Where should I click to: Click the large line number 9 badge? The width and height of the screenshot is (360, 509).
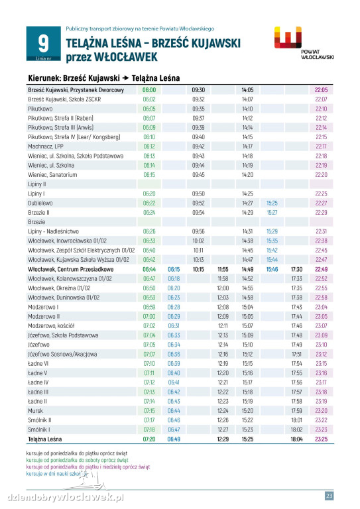point(44,44)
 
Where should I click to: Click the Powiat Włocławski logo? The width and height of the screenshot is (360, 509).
point(304,43)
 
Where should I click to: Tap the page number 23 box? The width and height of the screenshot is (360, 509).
point(329,495)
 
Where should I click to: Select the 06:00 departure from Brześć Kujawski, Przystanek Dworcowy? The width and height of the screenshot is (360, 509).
point(149,90)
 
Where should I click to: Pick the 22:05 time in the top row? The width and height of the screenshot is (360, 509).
point(321,90)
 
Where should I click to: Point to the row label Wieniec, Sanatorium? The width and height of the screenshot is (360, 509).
point(52,175)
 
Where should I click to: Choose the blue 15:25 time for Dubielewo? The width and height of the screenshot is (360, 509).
point(272,203)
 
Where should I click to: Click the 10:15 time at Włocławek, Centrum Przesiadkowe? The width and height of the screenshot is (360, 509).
point(198,269)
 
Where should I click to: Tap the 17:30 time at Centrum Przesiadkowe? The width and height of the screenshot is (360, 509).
point(297,269)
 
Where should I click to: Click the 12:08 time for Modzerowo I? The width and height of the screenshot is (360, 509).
point(223,307)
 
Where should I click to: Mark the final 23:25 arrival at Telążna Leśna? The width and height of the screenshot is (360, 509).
point(321,439)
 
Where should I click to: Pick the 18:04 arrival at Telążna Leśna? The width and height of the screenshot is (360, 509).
point(297,439)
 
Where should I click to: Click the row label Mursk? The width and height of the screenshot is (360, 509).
point(35,411)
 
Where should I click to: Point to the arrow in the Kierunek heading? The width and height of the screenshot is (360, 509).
point(125,78)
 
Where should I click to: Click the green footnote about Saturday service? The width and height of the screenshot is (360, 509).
point(78,460)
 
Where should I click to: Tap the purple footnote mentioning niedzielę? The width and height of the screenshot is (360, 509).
point(88,467)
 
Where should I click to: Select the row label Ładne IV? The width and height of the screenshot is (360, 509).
point(38,382)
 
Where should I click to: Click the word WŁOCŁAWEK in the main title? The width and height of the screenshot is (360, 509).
point(125,57)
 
